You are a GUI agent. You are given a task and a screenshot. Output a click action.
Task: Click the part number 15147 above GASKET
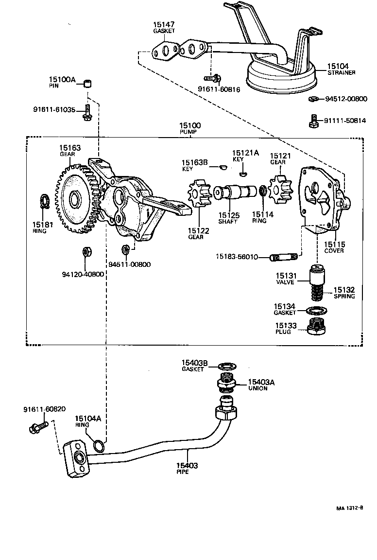point(164,24)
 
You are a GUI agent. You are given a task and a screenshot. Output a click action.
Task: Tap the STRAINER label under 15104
point(341,73)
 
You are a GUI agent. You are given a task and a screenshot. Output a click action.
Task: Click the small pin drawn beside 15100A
point(88,83)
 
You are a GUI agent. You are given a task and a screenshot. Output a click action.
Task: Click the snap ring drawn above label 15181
point(44,201)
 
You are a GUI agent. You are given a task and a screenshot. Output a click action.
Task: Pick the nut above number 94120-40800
point(88,252)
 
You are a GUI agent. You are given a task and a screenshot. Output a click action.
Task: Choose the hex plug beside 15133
point(317,327)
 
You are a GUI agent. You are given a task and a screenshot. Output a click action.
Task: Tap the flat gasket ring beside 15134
point(317,310)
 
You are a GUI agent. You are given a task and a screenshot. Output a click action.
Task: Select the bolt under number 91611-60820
point(38,426)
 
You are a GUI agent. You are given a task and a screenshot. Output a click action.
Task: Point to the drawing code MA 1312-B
point(350,508)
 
